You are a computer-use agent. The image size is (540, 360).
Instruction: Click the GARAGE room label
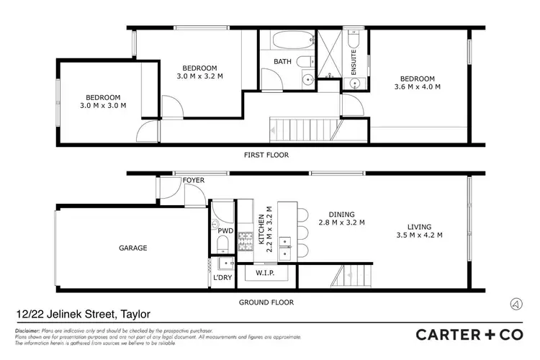(133, 248)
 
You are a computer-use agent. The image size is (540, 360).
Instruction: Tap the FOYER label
(193, 180)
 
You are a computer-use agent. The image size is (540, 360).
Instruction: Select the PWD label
(226, 231)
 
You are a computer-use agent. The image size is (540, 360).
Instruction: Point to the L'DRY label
(222, 278)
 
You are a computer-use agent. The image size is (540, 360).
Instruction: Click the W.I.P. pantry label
(265, 273)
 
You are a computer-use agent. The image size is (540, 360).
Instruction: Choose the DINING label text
(343, 214)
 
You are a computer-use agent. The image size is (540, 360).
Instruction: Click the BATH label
(282, 62)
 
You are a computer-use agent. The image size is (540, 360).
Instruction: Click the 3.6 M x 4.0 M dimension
(417, 87)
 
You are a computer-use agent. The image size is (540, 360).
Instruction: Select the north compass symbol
(516, 303)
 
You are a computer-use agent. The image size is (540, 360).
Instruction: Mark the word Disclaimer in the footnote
(28, 329)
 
